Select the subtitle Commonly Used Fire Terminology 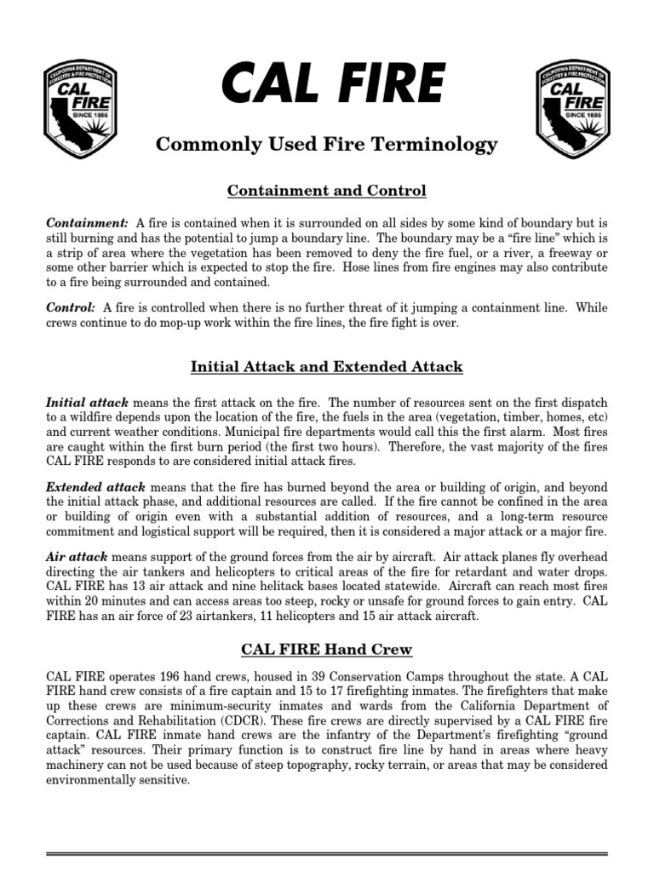pyautogui.click(x=327, y=146)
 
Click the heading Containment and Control pyautogui.click(x=327, y=190)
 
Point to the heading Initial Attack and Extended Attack pyautogui.click(x=327, y=367)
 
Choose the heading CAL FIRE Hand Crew pyautogui.click(x=327, y=650)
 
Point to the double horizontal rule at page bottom pyautogui.click(x=327, y=852)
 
